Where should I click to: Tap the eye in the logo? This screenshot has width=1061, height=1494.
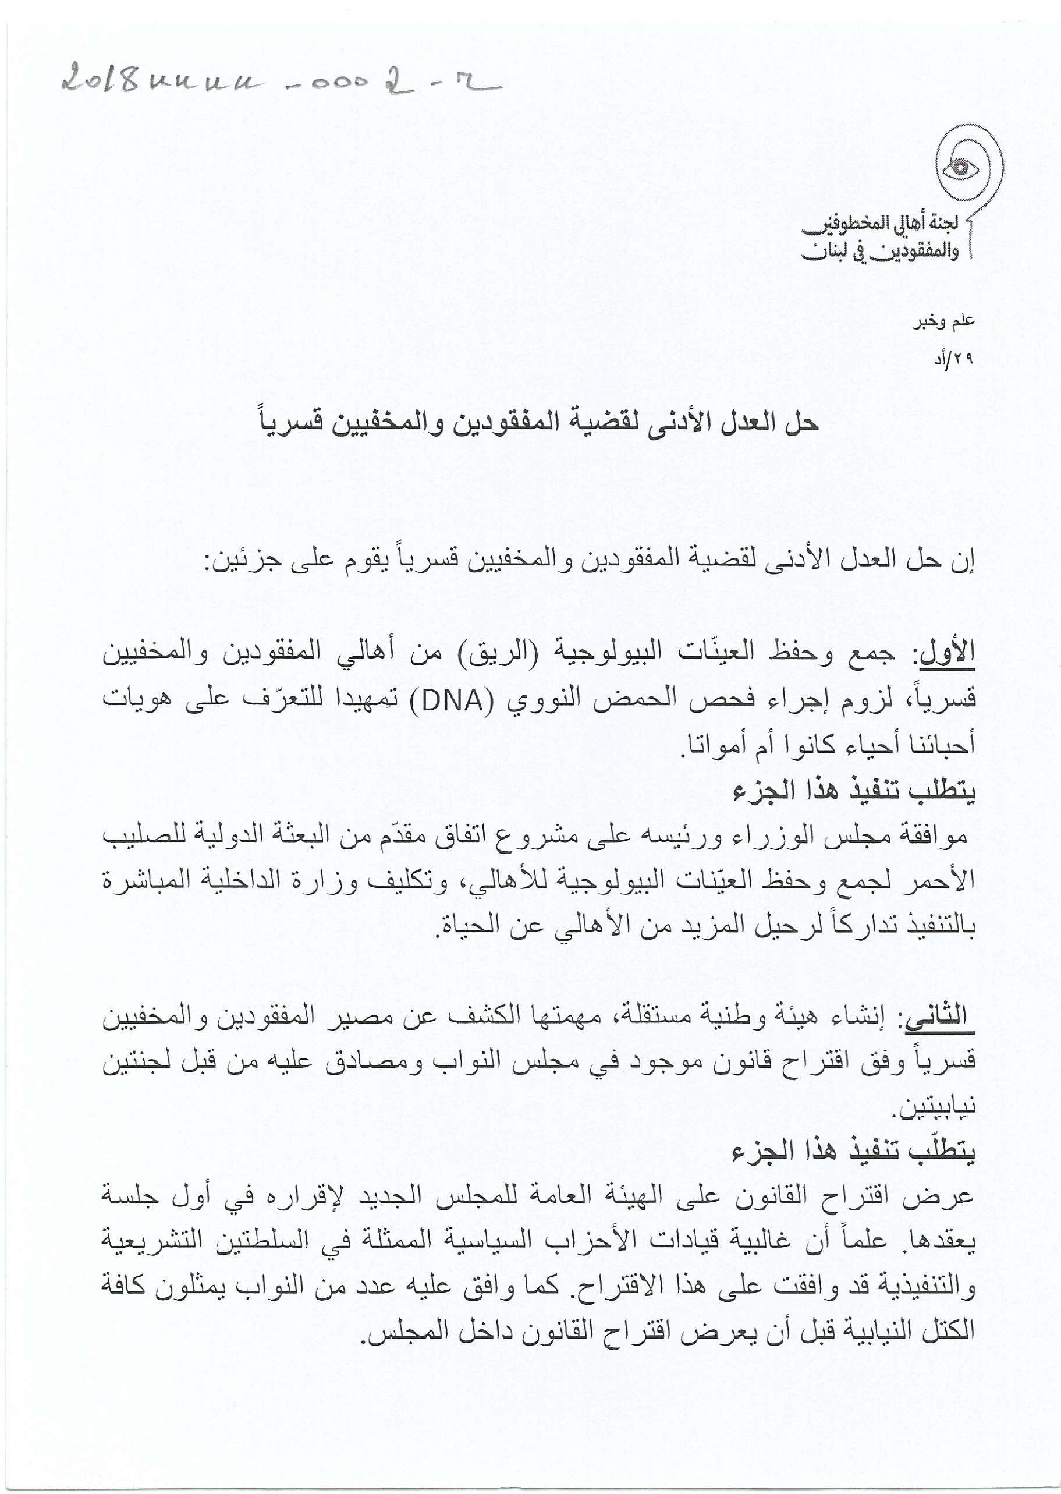[960, 167]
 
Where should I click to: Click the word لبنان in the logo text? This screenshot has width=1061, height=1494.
[829, 250]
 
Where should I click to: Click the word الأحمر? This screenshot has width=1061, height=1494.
[947, 882]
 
